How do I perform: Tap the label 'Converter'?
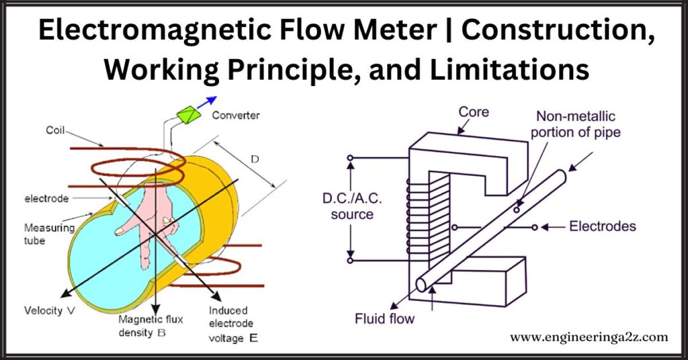coord(236,116)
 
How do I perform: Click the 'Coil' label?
coord(56,131)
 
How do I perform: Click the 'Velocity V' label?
coord(50,311)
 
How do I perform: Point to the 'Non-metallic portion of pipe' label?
coord(575,125)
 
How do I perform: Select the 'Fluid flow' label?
coord(384,318)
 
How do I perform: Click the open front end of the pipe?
coord(421,285)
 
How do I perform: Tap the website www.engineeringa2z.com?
coord(589,336)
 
